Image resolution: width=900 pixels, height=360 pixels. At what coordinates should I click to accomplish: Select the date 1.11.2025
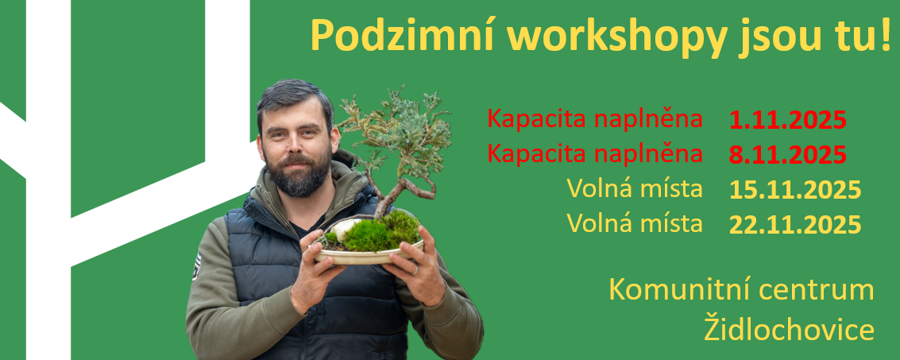click(788, 121)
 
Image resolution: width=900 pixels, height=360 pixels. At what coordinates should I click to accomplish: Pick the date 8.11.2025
click(788, 154)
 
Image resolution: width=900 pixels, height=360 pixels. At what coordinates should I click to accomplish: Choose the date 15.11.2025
click(795, 190)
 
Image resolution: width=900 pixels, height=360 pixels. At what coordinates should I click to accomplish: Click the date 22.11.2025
click(795, 224)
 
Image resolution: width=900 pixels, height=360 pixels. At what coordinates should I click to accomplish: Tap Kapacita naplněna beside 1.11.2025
click(595, 119)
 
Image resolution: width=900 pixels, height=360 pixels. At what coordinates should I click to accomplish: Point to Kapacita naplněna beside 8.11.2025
click(595, 153)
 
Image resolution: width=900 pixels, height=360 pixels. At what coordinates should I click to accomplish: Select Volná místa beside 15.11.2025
click(635, 188)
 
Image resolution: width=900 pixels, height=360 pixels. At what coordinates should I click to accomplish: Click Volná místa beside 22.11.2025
click(635, 223)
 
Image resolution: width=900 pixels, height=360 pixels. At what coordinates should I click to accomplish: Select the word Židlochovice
click(790, 329)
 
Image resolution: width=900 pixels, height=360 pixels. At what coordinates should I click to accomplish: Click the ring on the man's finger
click(416, 270)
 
